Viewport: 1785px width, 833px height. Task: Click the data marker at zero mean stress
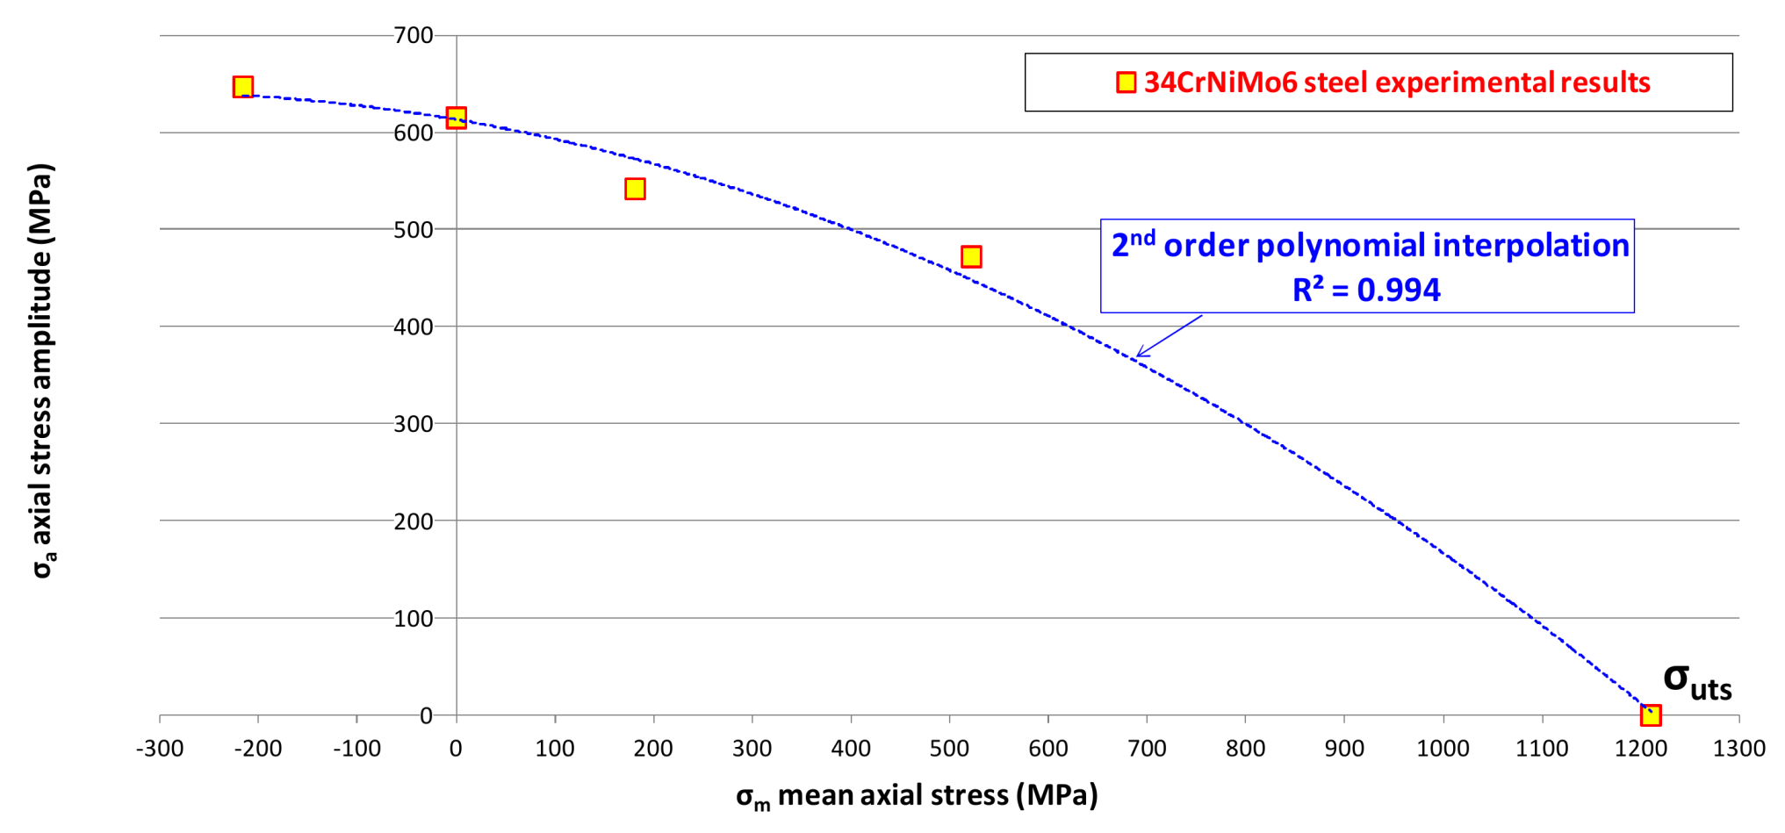456,118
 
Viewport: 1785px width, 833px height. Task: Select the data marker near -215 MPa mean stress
243,86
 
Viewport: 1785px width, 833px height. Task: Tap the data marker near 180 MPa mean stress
635,189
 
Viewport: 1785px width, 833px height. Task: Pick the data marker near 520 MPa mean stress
970,256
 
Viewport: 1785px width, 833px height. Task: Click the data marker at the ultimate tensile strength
1651,715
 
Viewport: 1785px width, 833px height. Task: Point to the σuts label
1696,680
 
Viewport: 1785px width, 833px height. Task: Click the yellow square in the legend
1126,83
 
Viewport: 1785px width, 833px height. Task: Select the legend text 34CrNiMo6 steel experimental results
1396,83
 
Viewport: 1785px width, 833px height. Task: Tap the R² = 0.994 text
1366,290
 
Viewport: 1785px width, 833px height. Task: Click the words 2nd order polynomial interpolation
1370,245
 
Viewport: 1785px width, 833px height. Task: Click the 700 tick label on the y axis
414,35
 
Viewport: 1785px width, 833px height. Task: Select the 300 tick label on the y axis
414,423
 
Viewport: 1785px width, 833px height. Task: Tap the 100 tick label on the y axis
414,618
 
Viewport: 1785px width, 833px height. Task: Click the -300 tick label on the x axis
160,748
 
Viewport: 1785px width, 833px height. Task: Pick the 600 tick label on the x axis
1048,748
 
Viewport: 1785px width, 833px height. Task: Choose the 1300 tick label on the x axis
1738,748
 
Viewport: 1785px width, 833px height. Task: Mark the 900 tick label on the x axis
1344,748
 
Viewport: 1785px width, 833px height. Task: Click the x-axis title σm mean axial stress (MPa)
917,795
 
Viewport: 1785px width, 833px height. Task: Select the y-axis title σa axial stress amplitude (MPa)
42,370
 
